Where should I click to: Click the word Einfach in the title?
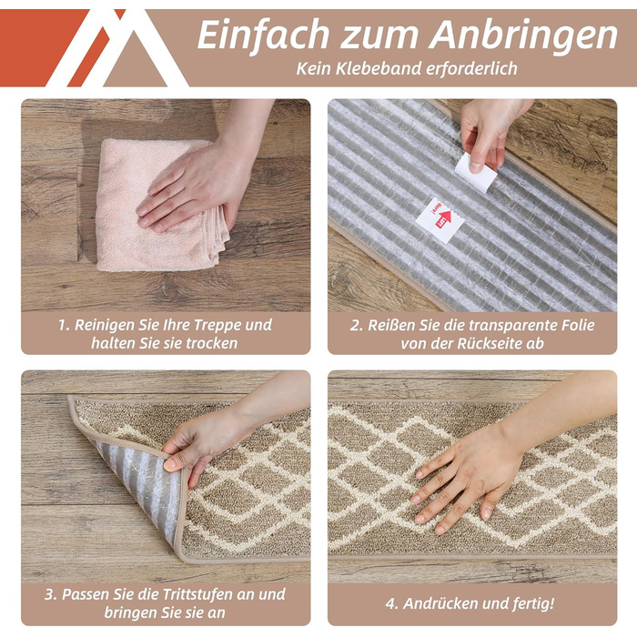pyautogui.click(x=263, y=35)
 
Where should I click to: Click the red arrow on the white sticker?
pyautogui.click(x=444, y=218)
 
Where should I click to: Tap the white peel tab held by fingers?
pyautogui.click(x=475, y=173)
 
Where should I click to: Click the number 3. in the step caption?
pyautogui.click(x=51, y=595)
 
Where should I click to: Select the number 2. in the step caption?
pyautogui.click(x=357, y=326)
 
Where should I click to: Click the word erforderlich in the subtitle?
pyautogui.click(x=471, y=68)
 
